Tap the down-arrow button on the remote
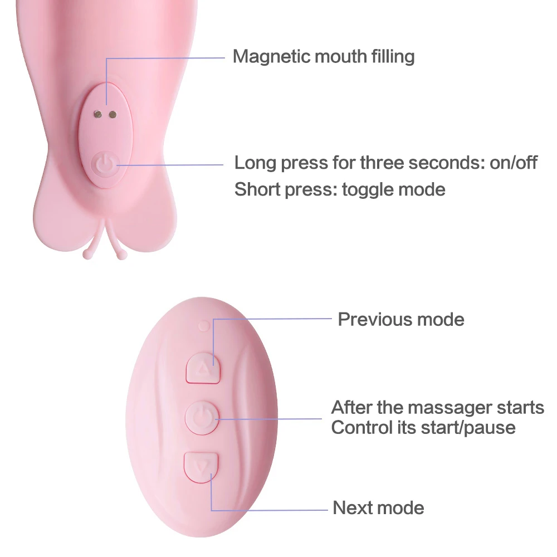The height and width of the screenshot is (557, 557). (202, 465)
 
